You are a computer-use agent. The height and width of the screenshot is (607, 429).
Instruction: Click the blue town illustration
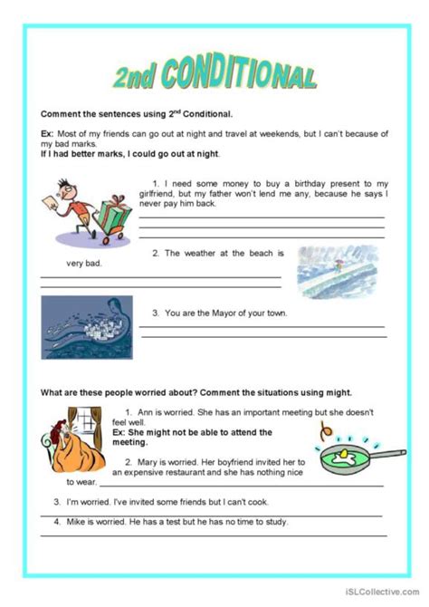point(86,327)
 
